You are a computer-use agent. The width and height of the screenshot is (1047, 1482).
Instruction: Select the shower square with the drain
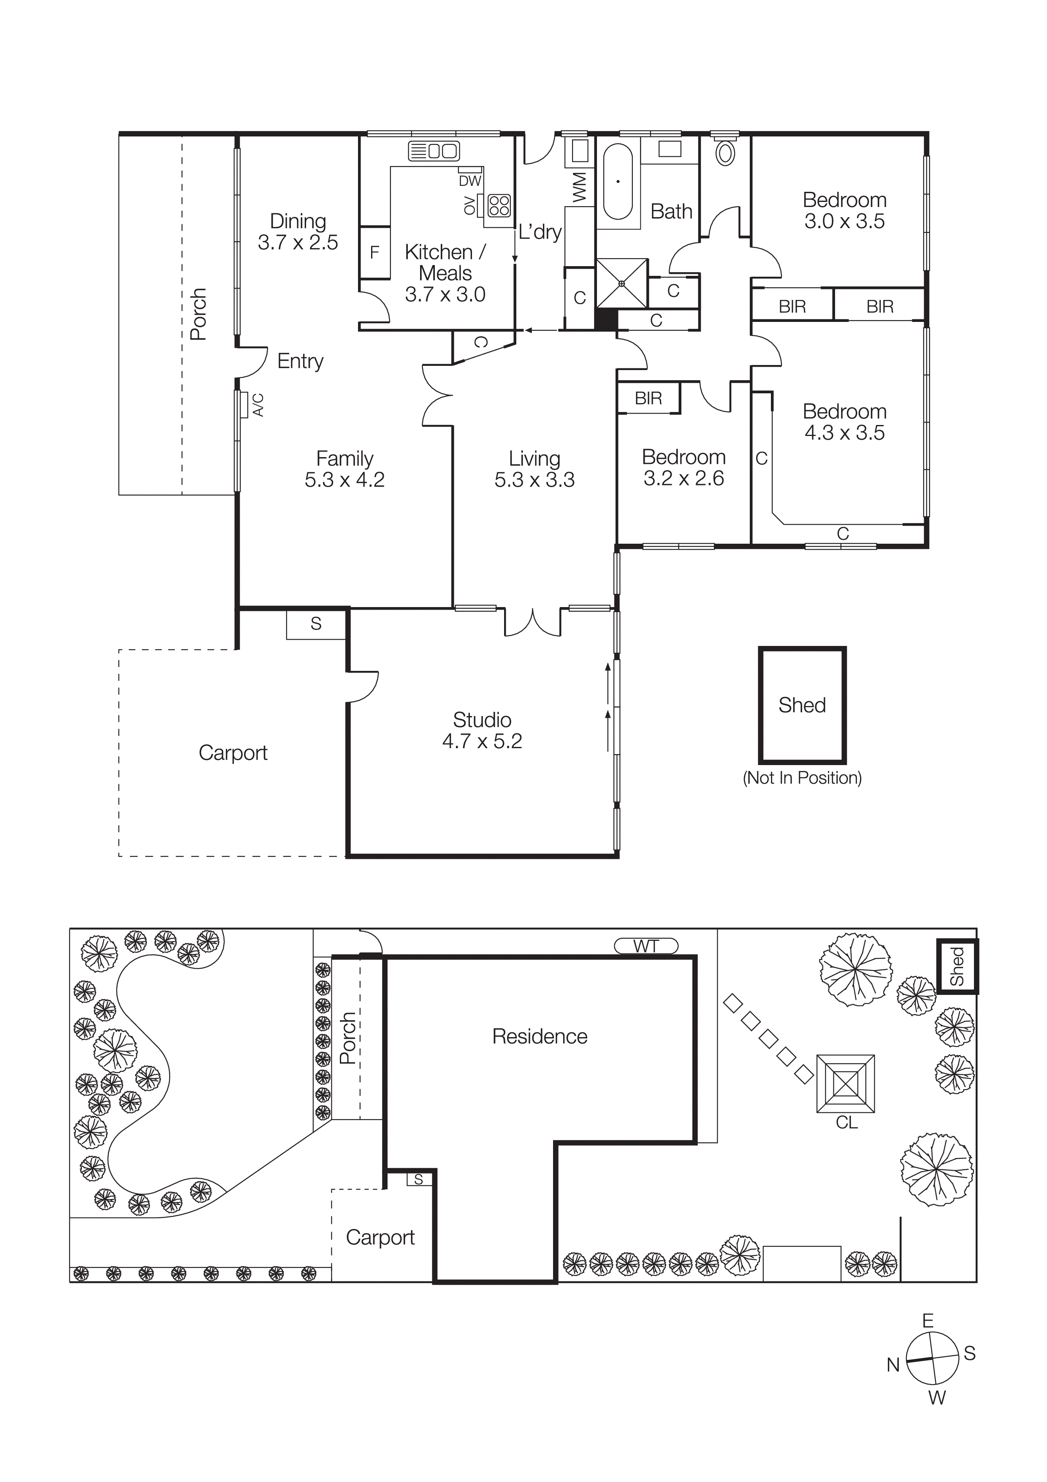pos(621,283)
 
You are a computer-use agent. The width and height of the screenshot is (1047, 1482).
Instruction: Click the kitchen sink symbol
pos(434,151)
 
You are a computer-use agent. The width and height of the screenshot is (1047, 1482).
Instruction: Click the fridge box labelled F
pos(374,252)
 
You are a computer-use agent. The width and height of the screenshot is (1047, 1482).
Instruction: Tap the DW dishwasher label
pos(469,181)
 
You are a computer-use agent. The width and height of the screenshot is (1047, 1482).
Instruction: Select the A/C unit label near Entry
pos(258,405)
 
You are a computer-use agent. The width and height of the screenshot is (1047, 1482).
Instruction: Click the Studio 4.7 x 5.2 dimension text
pos(482,741)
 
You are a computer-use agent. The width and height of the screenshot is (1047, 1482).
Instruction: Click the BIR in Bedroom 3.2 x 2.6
pos(648,398)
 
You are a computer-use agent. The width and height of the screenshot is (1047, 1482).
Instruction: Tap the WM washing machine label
pos(579,187)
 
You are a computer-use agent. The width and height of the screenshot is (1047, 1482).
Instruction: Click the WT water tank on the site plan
pos(646,946)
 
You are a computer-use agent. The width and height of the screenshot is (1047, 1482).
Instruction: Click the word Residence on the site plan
pos(539,1037)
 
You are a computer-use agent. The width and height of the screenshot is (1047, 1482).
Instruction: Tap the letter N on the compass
pos(893,1365)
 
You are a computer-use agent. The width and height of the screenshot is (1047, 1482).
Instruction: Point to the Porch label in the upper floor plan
pos(198,314)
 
